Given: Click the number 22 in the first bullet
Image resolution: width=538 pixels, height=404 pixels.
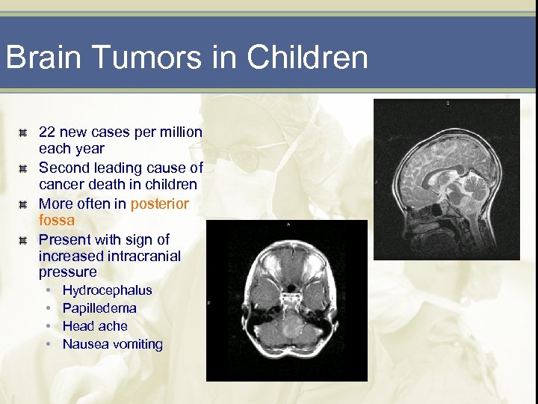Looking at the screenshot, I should point(47,132).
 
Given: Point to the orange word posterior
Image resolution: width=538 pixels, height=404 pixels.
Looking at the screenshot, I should point(159,203).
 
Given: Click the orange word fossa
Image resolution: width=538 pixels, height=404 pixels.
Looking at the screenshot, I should point(56,221).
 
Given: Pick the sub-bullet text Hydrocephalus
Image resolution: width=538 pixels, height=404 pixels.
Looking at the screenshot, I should point(107,290).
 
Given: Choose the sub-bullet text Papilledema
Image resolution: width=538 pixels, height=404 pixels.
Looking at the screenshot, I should point(99,308).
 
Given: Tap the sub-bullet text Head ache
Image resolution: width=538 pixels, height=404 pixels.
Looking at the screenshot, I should point(95,326).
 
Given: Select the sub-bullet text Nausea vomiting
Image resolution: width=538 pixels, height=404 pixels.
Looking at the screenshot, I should point(112,344).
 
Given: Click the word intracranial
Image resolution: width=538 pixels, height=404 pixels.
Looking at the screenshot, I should point(143,256).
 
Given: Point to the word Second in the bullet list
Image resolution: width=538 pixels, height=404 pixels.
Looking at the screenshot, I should point(62,168).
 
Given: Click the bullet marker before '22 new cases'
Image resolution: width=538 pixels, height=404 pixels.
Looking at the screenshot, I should point(24,133).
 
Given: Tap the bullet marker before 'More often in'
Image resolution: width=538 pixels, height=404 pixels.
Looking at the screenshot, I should point(24,204).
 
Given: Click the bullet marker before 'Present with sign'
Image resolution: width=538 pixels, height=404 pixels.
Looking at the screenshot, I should point(24,240).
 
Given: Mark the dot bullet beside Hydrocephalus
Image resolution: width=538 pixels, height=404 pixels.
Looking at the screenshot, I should point(47,290).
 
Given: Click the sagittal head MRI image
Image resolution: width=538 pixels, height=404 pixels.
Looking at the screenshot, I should point(446,180).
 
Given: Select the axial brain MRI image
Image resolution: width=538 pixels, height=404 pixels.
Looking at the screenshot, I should point(288,300).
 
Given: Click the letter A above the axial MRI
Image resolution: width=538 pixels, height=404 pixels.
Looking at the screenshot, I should point(288,224).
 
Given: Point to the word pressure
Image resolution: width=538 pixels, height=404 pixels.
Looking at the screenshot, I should point(67,272).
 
